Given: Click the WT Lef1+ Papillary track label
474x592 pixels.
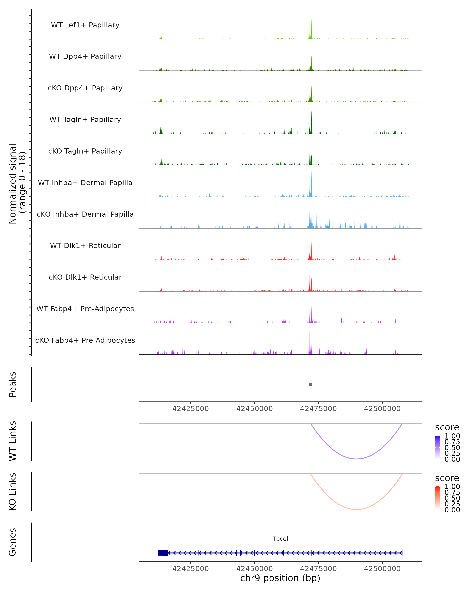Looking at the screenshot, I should pyautogui.click(x=85, y=25).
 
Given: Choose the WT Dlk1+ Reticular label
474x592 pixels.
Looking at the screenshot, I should pyautogui.click(x=85, y=245).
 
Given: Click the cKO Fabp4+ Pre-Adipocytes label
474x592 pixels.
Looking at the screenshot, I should pyautogui.click(x=85, y=340).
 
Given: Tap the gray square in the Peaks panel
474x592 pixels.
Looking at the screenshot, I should pyautogui.click(x=310, y=384).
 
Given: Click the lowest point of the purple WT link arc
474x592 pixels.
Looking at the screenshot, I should pyautogui.click(x=356, y=459).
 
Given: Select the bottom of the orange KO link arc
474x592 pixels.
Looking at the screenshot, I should pyautogui.click(x=356, y=509).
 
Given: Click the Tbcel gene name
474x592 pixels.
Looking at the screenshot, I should pyautogui.click(x=280, y=539).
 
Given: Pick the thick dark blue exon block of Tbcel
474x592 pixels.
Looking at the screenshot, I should pyautogui.click(x=163, y=553).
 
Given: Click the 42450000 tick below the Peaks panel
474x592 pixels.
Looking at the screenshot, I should pyautogui.click(x=254, y=409).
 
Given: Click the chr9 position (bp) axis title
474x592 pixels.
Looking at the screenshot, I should pyautogui.click(x=280, y=578).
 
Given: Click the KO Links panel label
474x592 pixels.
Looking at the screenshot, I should pyautogui.click(x=13, y=492).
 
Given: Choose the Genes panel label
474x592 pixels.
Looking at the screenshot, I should pyautogui.click(x=13, y=542).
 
